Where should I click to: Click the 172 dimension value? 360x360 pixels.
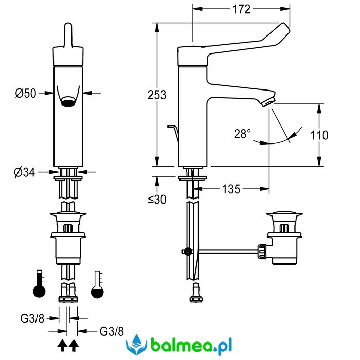(x=241, y=9)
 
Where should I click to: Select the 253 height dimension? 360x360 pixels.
(x=156, y=95)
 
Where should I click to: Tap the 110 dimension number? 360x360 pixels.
(x=319, y=135)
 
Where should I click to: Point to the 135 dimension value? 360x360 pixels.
(x=231, y=189)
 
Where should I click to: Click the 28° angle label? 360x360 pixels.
(x=242, y=134)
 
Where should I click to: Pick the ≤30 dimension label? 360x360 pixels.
(x=157, y=200)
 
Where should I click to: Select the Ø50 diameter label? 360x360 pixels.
(x=26, y=93)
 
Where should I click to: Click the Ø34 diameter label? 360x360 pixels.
(x=24, y=172)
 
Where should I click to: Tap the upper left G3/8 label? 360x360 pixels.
(x=32, y=318)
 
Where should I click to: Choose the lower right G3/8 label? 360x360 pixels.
(x=112, y=331)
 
